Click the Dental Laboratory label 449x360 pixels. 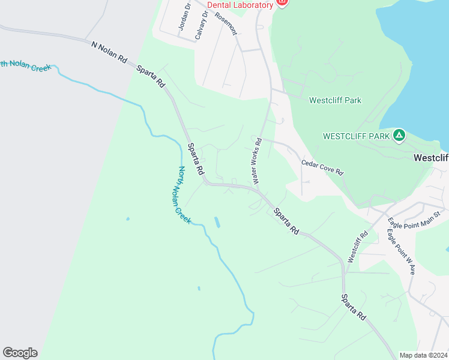click(240, 5)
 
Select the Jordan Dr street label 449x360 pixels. click(184, 17)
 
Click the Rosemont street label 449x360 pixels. click(226, 23)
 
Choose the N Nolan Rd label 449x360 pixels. click(109, 52)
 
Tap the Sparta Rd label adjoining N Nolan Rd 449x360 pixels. click(151, 77)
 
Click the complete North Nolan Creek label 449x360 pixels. click(184, 195)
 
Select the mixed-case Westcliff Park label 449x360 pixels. click(335, 100)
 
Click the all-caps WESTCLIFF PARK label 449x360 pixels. click(357, 136)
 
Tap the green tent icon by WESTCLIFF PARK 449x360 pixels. click(399, 136)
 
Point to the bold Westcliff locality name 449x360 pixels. click(431, 158)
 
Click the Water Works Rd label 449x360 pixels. click(258, 161)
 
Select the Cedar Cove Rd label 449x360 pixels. click(322, 167)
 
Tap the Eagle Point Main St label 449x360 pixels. click(415, 217)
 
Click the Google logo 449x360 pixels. click(20, 353)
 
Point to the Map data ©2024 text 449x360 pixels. click(423, 355)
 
